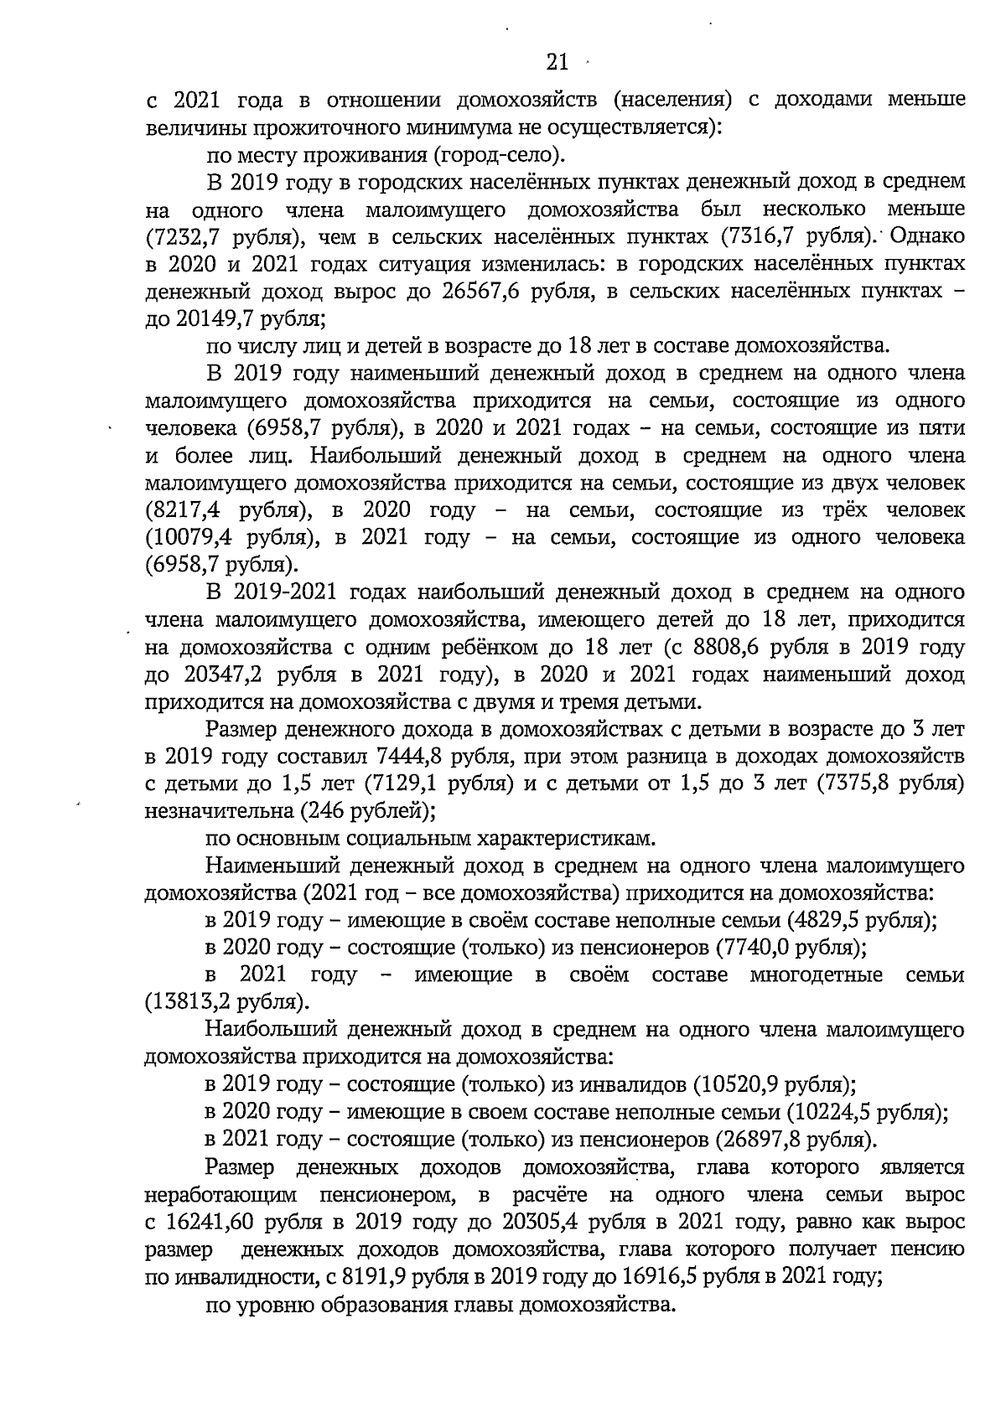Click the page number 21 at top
pos(557,62)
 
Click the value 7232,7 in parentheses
pos(187,236)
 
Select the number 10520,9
pos(737,1084)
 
